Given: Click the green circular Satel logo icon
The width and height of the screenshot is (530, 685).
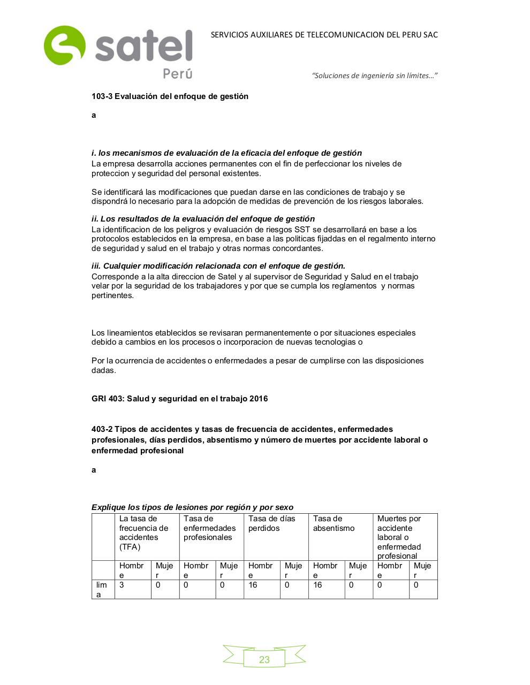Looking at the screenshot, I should tap(64, 45).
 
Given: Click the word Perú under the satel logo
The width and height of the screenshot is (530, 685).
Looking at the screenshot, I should tap(177, 74).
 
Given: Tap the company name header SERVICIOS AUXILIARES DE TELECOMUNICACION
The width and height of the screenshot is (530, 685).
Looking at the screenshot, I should tap(324, 35).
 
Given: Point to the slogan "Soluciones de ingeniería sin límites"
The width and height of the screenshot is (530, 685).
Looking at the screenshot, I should tap(374, 75).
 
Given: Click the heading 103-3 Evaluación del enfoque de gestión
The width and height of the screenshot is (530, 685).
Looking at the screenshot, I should tap(170, 96).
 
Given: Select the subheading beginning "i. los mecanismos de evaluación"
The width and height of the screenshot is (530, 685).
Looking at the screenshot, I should tap(226, 153).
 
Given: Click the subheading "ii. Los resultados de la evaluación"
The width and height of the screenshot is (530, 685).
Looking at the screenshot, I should tap(203, 219).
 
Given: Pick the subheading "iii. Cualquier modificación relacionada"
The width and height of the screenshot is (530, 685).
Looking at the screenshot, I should tap(218, 266).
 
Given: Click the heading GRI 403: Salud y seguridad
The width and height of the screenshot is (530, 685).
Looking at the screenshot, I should tap(179, 399).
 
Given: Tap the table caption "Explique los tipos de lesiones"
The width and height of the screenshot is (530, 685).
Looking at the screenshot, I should tap(192, 507).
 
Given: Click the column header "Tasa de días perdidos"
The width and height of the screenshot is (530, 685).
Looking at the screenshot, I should tap(272, 523).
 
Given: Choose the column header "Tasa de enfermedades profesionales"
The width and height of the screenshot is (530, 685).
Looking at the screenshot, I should tap(209, 528).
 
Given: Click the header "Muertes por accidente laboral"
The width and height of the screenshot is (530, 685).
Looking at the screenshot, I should tap(399, 537).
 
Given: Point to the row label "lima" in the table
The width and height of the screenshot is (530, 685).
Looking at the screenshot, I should tap(101, 589).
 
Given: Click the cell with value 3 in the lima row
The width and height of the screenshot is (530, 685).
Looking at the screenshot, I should tap(122, 585).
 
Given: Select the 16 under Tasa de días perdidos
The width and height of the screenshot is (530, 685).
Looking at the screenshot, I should tap(253, 585).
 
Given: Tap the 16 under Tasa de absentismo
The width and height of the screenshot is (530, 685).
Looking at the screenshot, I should tap(317, 585).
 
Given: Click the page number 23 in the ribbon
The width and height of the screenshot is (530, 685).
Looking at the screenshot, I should tap(264, 659).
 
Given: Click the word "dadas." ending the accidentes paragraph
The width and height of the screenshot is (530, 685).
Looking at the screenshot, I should tap(103, 370).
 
